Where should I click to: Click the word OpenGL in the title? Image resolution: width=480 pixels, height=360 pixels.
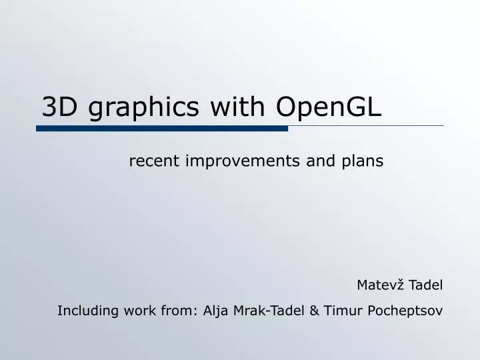click(327, 107)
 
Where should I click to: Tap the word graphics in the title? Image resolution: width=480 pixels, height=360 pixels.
click(145, 108)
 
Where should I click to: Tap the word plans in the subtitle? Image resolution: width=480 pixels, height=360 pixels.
click(363, 161)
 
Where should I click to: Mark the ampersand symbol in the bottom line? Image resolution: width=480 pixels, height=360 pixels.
click(313, 310)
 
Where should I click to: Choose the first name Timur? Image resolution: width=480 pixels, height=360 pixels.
click(339, 310)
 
